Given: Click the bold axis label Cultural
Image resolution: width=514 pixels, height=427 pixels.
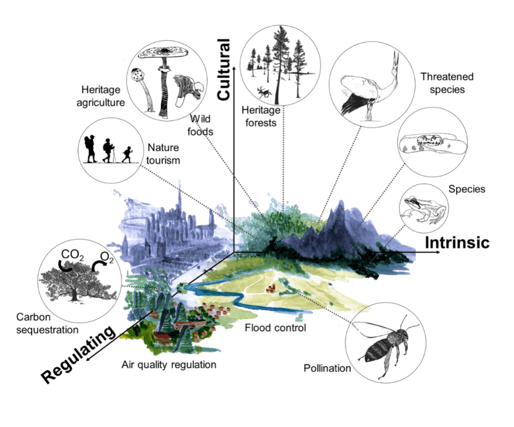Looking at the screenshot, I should (x=223, y=69).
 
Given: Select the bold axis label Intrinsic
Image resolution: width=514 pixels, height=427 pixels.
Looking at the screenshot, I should (x=457, y=242).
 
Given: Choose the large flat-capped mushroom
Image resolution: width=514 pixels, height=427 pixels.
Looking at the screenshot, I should (x=162, y=53).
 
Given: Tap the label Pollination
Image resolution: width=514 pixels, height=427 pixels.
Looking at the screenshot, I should (x=327, y=368).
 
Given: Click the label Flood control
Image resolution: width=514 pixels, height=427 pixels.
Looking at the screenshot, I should (x=275, y=328).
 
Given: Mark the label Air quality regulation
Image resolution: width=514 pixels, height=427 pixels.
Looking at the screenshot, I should (x=169, y=365).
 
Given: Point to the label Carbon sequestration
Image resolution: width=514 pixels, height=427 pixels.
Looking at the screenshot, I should (x=47, y=324).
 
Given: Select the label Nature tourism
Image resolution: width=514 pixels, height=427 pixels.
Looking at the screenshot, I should (x=164, y=154).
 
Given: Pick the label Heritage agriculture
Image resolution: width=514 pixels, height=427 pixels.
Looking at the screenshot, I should (x=101, y=96).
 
